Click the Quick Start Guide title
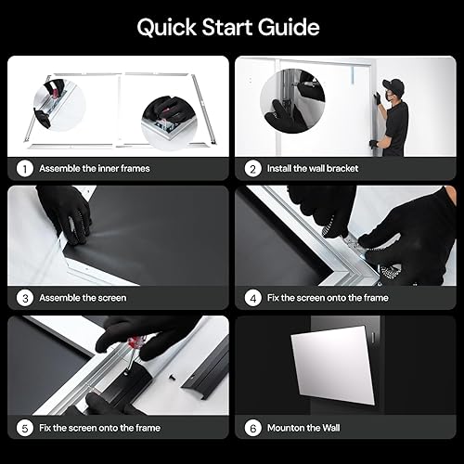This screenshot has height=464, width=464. [228, 27]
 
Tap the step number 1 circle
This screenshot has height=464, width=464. [23, 169]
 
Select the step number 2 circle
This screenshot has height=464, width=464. [251, 169]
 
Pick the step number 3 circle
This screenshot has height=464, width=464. [23, 298]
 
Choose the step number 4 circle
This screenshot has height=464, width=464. [251, 298]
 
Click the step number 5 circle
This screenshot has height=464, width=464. [23, 428]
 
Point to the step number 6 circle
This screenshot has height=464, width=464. [251, 428]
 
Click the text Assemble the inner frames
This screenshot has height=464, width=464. [94, 169]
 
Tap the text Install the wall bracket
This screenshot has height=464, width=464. [315, 169]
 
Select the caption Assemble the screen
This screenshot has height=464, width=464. [83, 298]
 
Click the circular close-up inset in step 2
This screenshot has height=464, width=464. [290, 105]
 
